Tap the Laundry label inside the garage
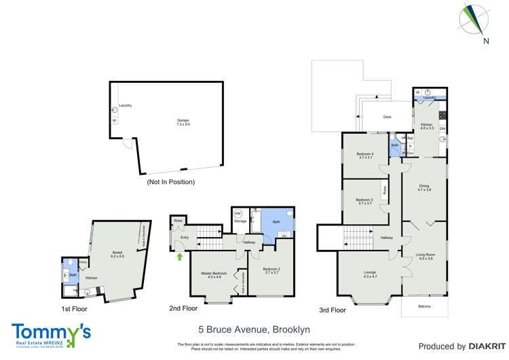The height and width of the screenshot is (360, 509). coord(125,105)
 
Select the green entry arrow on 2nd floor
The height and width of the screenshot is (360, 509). coord(180,257)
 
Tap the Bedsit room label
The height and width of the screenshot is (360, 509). coord(117,253)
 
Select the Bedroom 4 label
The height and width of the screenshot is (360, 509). coord(365,156)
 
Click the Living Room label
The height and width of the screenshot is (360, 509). coord(425,256)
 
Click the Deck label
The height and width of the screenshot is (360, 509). coord(387,117)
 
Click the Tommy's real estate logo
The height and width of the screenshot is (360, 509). coord(51,333)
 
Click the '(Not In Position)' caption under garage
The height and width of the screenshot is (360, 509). coord(170,182)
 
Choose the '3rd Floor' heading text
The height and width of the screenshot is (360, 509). coord(333,310)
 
